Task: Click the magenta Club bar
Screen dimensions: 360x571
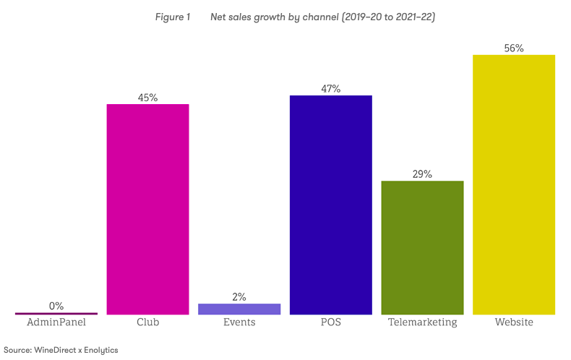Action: coord(147,209)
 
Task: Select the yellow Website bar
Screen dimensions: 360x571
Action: coord(513,184)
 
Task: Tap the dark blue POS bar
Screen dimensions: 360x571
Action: coord(330,205)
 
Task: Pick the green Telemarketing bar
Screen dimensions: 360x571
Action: coord(422,247)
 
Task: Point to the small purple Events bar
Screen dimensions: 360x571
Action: coord(239,309)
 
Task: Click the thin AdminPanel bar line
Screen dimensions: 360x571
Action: coord(56,313)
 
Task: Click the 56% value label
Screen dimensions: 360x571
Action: coord(514,48)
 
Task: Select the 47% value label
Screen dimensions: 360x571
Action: coord(331,89)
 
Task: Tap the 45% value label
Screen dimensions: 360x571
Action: coord(148,98)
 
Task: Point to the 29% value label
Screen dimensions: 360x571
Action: coord(422,174)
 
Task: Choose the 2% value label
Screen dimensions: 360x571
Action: coord(239,296)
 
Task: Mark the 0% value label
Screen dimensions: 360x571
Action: coord(56,306)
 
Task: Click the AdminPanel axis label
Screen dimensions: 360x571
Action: coord(56,322)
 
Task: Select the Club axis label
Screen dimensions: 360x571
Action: coord(147,322)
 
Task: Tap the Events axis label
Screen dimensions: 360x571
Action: coord(239,322)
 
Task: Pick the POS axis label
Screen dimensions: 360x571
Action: coord(330,322)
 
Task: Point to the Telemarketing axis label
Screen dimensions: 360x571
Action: coord(422,322)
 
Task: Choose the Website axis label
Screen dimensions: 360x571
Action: coord(514,322)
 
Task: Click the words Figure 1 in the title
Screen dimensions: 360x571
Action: coord(172,17)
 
